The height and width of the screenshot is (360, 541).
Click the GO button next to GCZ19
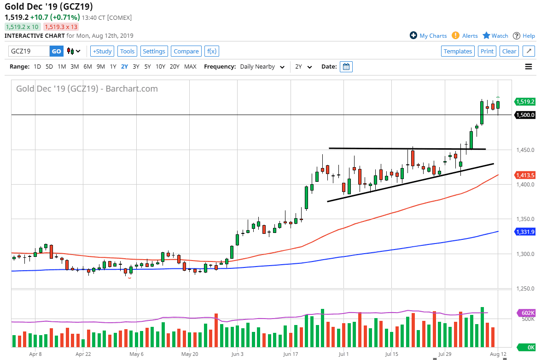(x=56, y=51)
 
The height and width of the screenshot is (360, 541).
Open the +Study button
(x=102, y=51)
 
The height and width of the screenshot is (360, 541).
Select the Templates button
(x=458, y=51)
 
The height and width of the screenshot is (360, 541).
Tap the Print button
(x=487, y=51)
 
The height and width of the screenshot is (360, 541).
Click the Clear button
(x=509, y=51)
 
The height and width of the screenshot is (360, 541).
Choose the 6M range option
(x=87, y=67)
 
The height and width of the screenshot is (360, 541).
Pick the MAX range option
(x=190, y=67)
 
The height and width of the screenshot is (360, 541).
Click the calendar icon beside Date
(x=346, y=67)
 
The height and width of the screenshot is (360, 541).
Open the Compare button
(x=186, y=51)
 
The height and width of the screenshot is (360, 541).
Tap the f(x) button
(x=212, y=51)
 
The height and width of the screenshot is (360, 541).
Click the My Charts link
(x=428, y=35)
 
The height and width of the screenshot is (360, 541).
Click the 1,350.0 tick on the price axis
(x=525, y=219)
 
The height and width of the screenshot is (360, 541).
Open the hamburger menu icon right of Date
(x=528, y=67)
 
